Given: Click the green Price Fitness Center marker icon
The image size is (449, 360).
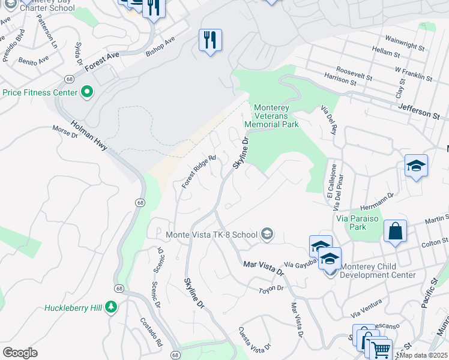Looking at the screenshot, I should click(87, 92).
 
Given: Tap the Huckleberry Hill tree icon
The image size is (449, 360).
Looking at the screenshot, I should click(110, 308).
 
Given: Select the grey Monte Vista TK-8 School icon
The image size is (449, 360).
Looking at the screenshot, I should click(267, 234).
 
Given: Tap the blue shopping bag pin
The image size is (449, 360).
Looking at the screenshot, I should click(395, 231).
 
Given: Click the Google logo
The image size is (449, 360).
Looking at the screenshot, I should click(20, 352).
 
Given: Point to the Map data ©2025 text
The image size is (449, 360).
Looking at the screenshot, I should click(423, 355).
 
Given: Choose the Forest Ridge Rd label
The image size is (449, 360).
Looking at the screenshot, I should click(199, 172).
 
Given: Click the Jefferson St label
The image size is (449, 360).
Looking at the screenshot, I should click(419, 110).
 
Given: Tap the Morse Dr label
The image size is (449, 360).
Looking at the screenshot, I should click(65, 130).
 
